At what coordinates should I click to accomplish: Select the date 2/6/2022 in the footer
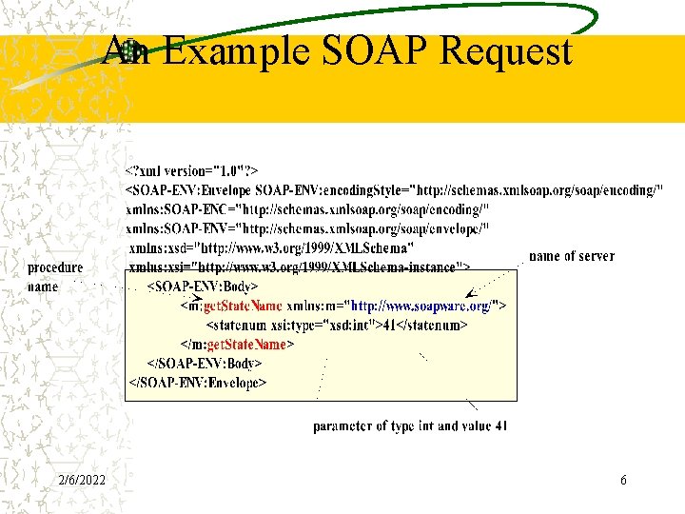[81, 481]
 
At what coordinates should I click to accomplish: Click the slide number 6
[623, 481]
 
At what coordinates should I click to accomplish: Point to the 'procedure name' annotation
[54, 277]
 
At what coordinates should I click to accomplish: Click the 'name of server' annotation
[571, 256]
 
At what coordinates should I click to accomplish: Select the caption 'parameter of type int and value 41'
[410, 426]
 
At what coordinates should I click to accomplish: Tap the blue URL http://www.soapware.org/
[421, 306]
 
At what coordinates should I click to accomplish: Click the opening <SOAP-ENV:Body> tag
[203, 287]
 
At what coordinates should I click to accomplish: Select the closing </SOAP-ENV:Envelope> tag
[197, 383]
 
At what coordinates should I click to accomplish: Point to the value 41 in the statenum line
[389, 326]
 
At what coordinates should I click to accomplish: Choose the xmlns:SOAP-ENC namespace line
[308, 209]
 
